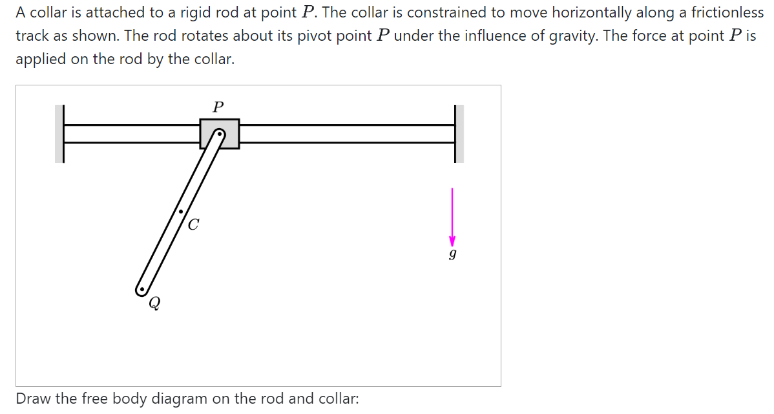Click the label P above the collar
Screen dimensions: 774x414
pyautogui.click(x=218, y=106)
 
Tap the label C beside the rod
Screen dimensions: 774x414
pyautogui.click(x=194, y=225)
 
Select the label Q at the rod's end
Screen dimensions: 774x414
pyautogui.click(x=154, y=303)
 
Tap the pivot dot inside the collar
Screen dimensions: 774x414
pyautogui.click(x=220, y=135)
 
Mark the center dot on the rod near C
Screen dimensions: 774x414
pyautogui.click(x=181, y=212)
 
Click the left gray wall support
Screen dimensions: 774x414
pyautogui.click(x=59, y=134)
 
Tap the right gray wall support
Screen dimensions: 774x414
pyautogui.click(x=459, y=134)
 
